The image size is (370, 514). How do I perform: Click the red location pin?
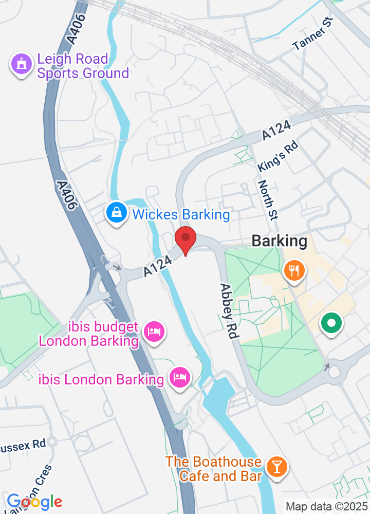pyautogui.click(x=186, y=240)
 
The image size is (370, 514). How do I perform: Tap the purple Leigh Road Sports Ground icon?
pyautogui.click(x=21, y=65)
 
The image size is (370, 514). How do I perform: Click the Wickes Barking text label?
pyautogui.click(x=181, y=214)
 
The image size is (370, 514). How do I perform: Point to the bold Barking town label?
pyautogui.click(x=279, y=241)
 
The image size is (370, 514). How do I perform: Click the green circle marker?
pyautogui.click(x=331, y=324)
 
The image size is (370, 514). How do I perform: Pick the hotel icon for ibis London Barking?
pyautogui.click(x=180, y=378)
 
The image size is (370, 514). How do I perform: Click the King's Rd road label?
pyautogui.click(x=277, y=157)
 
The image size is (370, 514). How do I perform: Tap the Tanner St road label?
pyautogui.click(x=313, y=34)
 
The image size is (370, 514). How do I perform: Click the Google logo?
pyautogui.click(x=34, y=501)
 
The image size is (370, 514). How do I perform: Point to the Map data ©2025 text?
pyautogui.click(x=327, y=506)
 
